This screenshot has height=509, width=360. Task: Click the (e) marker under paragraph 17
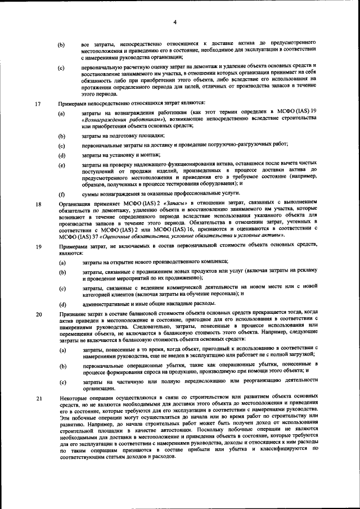coord(61,164)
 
